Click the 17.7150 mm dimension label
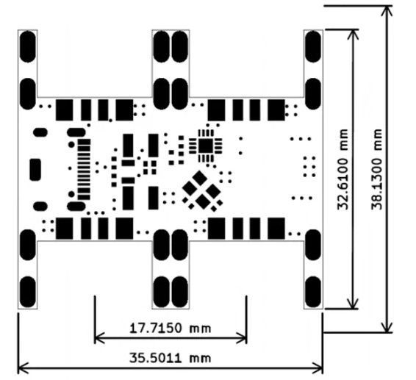(170, 329)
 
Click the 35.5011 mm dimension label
(170, 358)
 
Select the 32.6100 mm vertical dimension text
(343, 169)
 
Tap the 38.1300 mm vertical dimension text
(376, 169)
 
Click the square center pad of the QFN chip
(206, 145)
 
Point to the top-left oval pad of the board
(28, 47)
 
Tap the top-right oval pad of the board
(313, 47)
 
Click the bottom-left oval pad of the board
(28, 292)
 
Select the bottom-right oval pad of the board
(313, 292)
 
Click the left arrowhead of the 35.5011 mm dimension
(23, 368)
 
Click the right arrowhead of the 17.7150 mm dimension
(242, 338)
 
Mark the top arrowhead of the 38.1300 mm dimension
(388, 11)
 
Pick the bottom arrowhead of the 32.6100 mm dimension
(353, 304)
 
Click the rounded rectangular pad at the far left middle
(35, 170)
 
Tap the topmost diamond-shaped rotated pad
(199, 179)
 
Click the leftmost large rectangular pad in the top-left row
(64, 110)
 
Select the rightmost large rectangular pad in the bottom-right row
(276, 229)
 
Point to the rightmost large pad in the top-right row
(276, 110)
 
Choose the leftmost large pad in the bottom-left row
(64, 229)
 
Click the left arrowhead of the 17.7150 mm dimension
(100, 338)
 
